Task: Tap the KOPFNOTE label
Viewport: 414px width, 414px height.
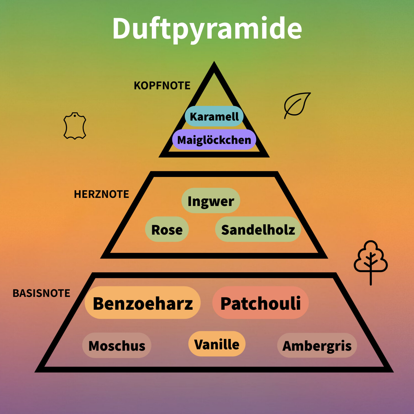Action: [x=162, y=86]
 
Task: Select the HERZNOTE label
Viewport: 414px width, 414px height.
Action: [x=101, y=194]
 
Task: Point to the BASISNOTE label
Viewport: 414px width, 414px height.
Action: [x=41, y=293]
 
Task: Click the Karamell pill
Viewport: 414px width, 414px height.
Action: [x=214, y=116]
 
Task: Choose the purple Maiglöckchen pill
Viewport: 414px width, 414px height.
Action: [x=214, y=140]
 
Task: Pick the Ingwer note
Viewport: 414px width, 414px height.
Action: [x=211, y=201]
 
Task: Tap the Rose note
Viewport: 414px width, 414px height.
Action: [x=167, y=230]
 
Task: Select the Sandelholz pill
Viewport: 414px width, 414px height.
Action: [x=258, y=230]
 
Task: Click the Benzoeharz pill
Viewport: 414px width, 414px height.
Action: [x=143, y=303]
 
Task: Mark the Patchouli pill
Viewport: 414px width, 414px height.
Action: [x=261, y=303]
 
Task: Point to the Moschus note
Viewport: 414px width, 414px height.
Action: [x=117, y=346]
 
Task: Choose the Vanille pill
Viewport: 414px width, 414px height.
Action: [x=217, y=344]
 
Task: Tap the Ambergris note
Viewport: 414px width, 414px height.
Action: [x=317, y=346]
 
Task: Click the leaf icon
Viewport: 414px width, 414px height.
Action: [x=297, y=105]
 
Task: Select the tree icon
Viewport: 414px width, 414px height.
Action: [x=371, y=261]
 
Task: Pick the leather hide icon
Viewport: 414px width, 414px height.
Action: [x=75, y=126]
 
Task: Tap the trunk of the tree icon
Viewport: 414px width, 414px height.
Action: [x=371, y=277]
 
